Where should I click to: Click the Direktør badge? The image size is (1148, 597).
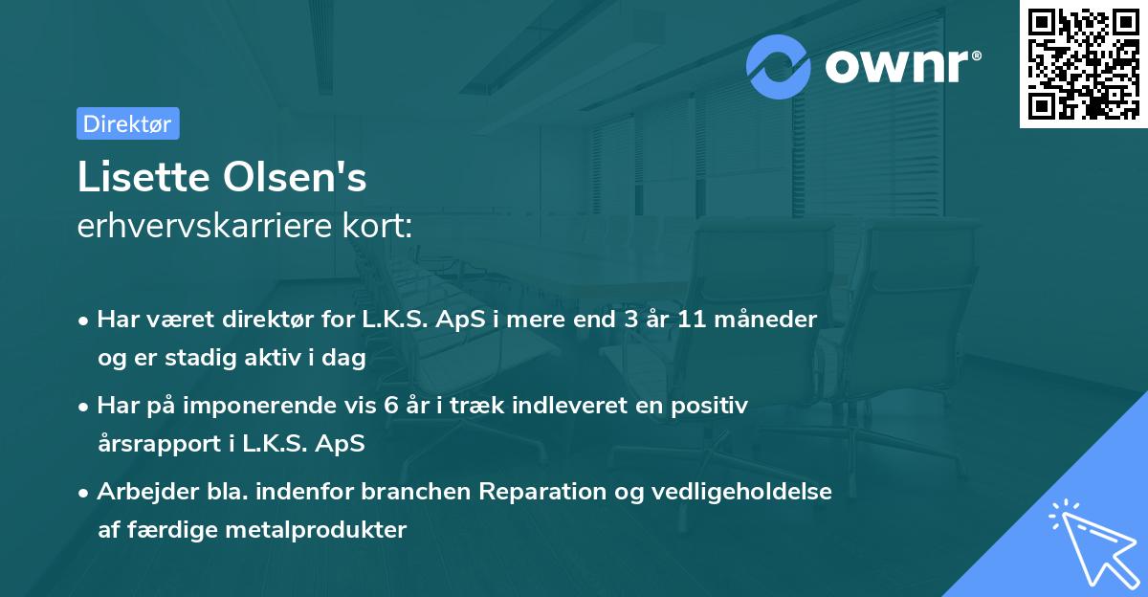[127, 123]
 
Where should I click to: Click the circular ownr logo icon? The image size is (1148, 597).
[780, 65]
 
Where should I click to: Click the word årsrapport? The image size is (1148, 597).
[156, 444]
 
